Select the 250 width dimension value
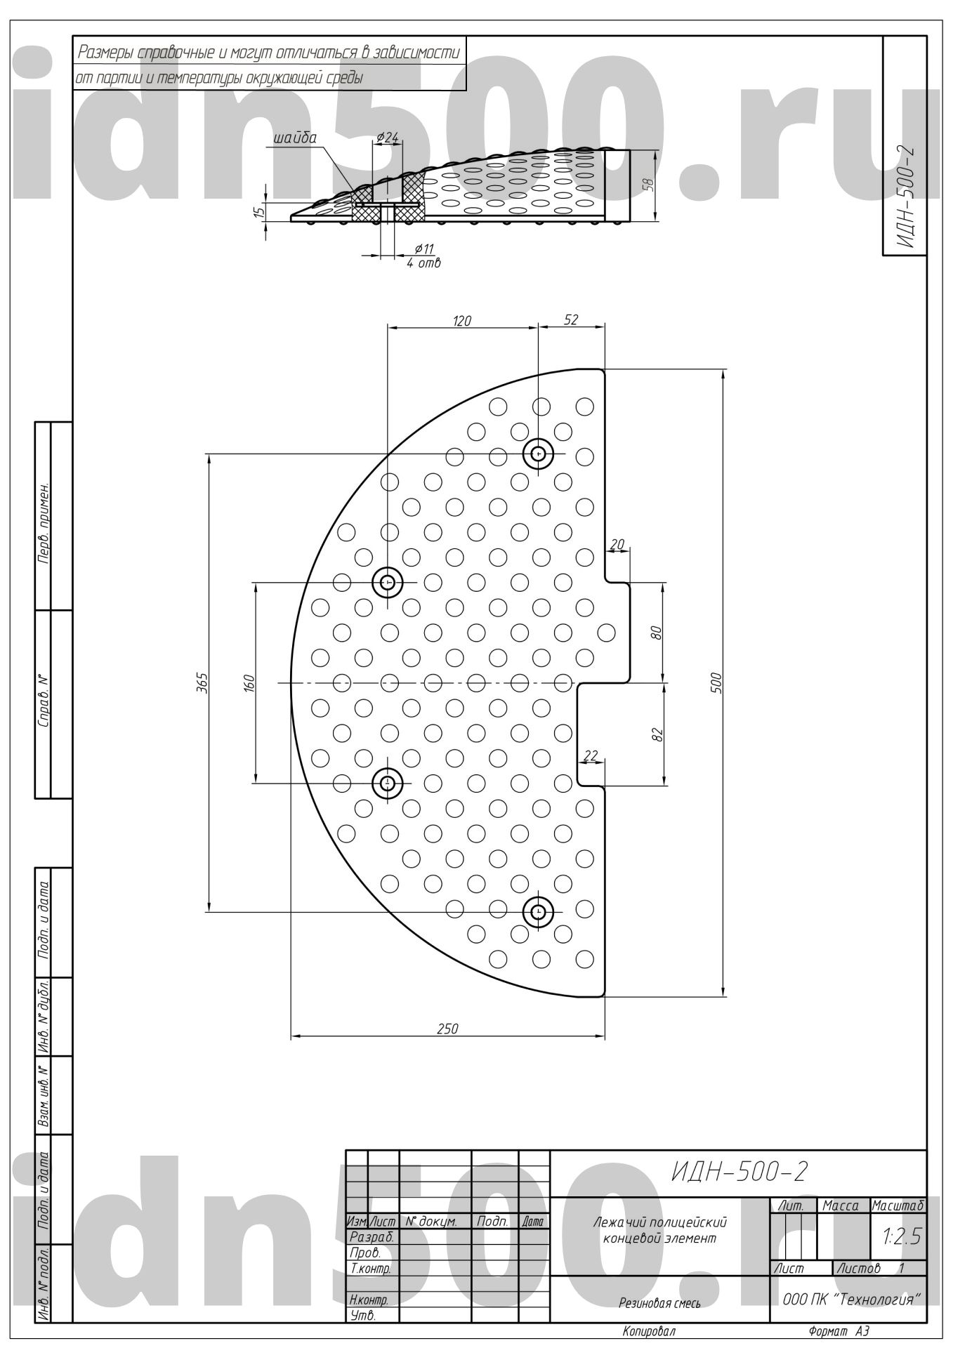(x=447, y=1029)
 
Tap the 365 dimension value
(x=201, y=682)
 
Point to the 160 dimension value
(x=248, y=682)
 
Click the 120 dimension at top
(x=461, y=321)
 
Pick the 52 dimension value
(x=571, y=319)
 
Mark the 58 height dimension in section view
(x=649, y=185)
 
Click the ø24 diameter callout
(x=388, y=138)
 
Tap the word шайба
(x=295, y=138)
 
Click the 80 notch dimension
(x=657, y=632)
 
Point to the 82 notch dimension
(x=657, y=734)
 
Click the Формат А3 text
(x=839, y=1332)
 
